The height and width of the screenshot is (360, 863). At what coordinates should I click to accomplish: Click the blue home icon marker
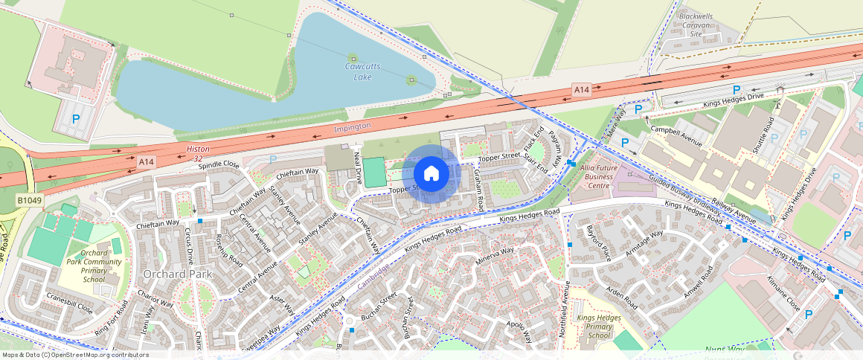[430, 174]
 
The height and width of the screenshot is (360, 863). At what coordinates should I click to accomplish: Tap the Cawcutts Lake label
[362, 71]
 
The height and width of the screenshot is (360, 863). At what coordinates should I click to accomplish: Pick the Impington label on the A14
[352, 128]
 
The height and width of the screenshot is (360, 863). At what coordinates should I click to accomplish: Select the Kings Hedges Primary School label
[594, 327]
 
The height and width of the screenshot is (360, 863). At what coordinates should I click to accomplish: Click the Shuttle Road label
[764, 135]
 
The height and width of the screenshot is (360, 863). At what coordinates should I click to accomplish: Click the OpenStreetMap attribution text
[75, 355]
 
